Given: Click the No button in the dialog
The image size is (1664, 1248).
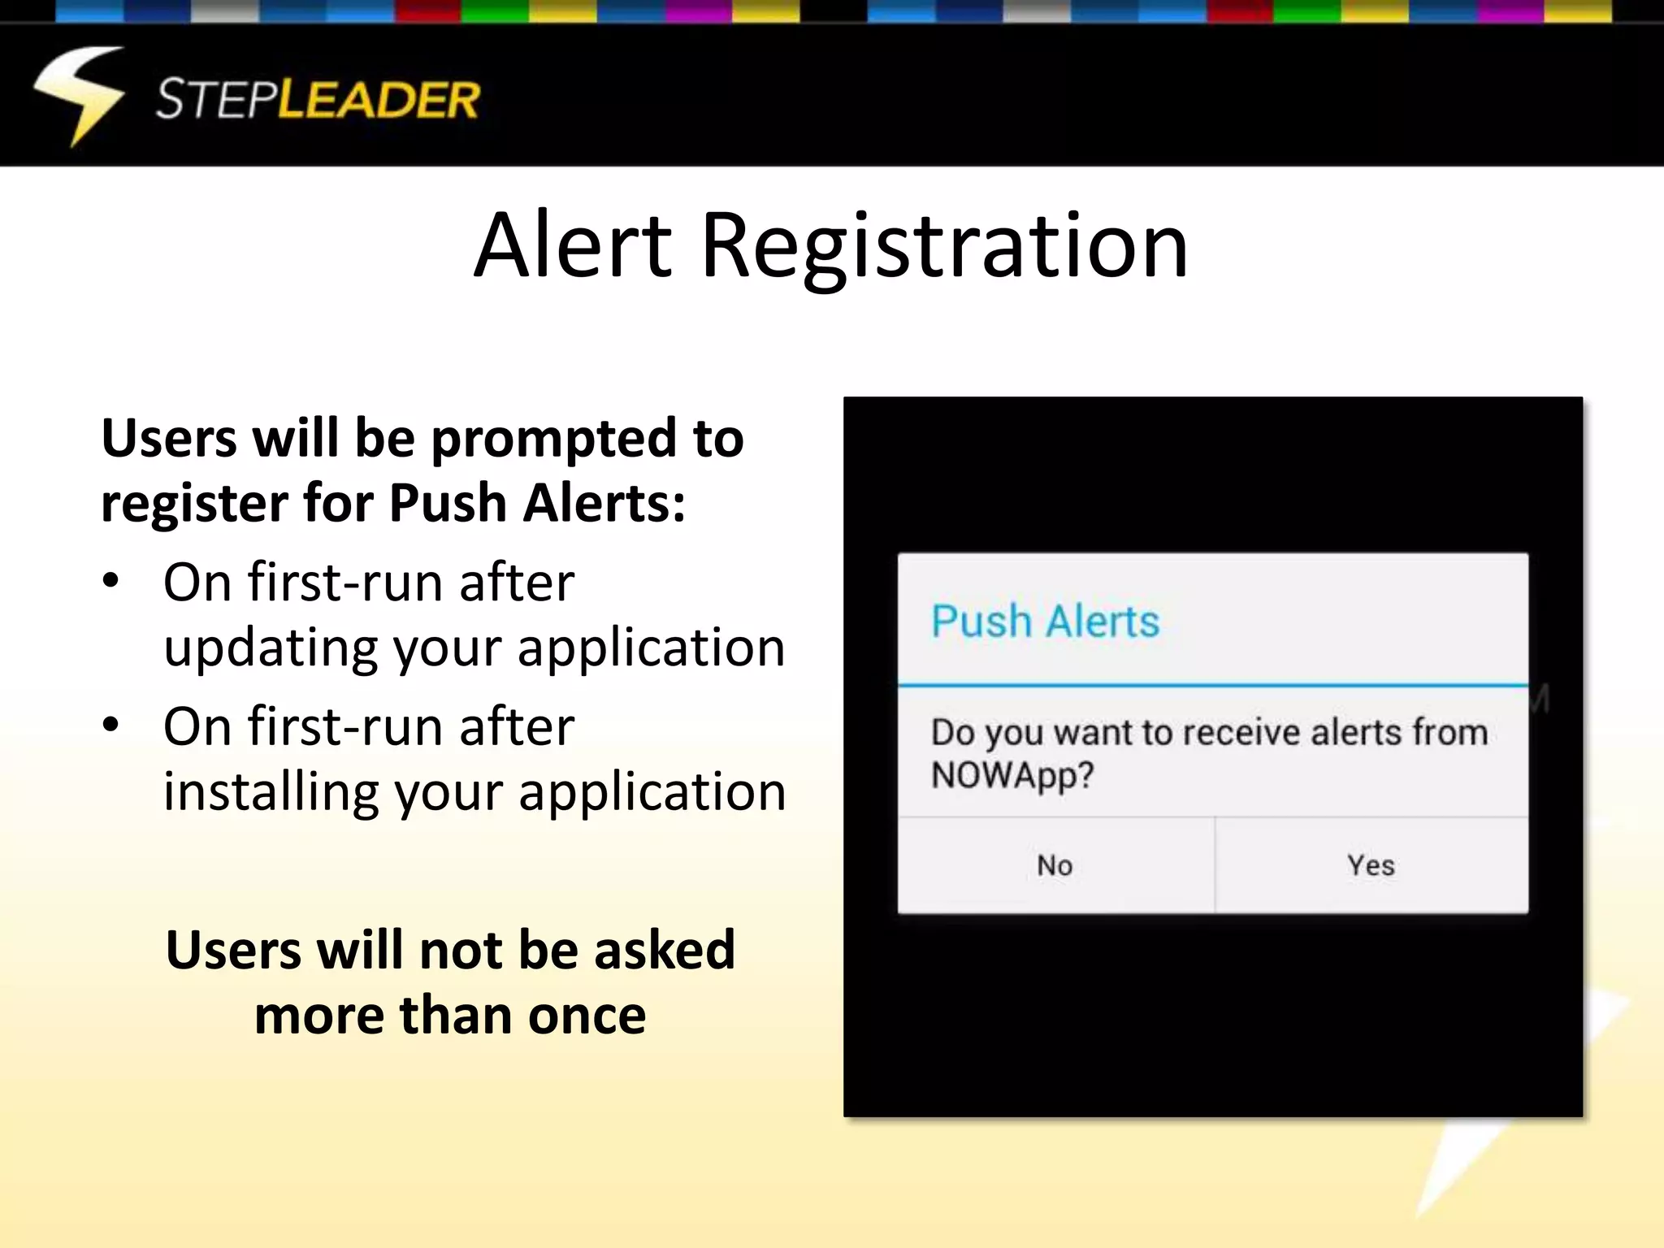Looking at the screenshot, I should pyautogui.click(x=1055, y=865).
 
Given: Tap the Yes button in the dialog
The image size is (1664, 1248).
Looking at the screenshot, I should pyautogui.click(x=1371, y=865).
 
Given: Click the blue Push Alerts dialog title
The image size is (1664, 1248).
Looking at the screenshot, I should pyautogui.click(x=1045, y=622).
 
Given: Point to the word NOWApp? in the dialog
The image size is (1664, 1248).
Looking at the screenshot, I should pyautogui.click(x=1012, y=776).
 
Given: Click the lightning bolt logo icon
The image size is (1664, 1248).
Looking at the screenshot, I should pyautogui.click(x=79, y=96).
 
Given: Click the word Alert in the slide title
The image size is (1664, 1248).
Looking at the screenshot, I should pyautogui.click(x=573, y=245).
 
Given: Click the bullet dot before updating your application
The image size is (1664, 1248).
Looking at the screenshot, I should pyautogui.click(x=111, y=581).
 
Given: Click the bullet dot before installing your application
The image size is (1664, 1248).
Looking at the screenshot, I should pyautogui.click(x=111, y=725).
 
